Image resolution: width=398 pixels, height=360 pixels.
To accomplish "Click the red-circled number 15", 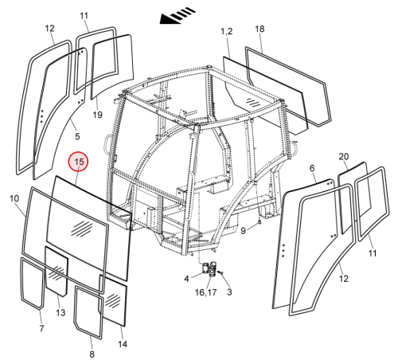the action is click(79, 162).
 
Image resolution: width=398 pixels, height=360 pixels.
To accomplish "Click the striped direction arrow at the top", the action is click(178, 16).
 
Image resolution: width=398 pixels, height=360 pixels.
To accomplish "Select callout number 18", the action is click(259, 29).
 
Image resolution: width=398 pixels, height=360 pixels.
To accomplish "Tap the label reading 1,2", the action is click(227, 31).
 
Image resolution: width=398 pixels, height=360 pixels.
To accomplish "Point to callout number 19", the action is click(97, 115).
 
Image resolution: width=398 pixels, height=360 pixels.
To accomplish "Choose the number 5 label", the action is click(77, 136).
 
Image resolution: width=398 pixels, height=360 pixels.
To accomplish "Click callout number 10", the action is click(14, 198).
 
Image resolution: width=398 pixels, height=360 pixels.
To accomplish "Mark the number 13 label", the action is click(60, 312).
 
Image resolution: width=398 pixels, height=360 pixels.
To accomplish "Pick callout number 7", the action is click(41, 329).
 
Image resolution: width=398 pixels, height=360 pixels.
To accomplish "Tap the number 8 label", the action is click(92, 354).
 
